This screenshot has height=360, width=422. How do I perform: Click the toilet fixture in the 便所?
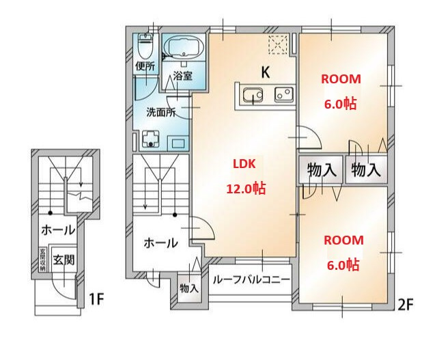click(x=145, y=46)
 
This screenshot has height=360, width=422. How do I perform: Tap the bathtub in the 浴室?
click(x=182, y=49)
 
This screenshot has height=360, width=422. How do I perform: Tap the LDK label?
click(x=244, y=165)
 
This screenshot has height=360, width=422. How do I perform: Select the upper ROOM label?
click(x=341, y=79)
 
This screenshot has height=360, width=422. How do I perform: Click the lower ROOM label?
click(x=343, y=240)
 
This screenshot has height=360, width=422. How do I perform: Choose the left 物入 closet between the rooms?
click(x=321, y=169)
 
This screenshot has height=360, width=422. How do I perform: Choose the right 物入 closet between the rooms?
click(x=365, y=169)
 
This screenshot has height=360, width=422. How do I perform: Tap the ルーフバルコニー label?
click(x=251, y=280)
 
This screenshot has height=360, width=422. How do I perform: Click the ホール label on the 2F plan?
click(x=160, y=243)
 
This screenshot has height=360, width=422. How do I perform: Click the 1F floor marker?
click(x=96, y=299)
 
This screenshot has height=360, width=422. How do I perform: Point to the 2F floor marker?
click(x=405, y=305)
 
